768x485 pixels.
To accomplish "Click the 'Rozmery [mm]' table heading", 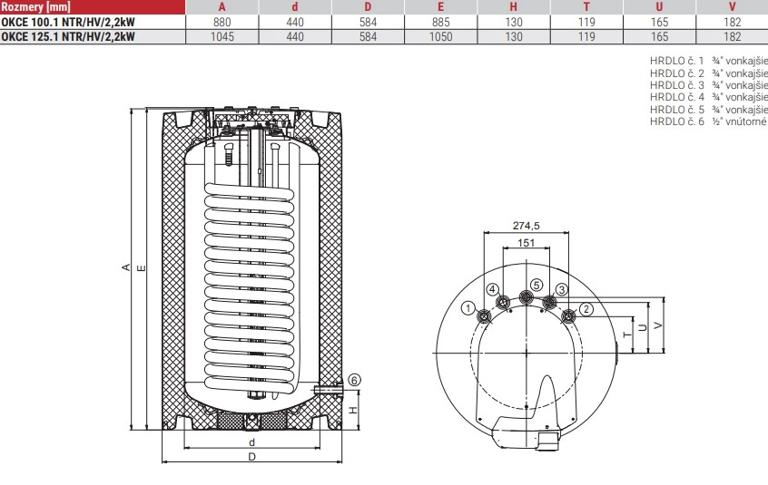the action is [35, 7].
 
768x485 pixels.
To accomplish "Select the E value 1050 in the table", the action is [440, 36].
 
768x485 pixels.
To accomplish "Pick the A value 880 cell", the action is [222, 22].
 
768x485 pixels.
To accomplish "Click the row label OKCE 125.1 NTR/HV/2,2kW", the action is [67, 36].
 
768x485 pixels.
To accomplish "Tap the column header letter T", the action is [586, 7].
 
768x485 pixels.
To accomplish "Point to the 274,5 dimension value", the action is [526, 226].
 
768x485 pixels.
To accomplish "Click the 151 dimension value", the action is [526, 243].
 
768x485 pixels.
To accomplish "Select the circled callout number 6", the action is [355, 380].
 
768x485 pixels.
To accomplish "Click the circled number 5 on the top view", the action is [537, 285].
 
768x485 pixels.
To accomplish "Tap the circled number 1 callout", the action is [468, 308].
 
